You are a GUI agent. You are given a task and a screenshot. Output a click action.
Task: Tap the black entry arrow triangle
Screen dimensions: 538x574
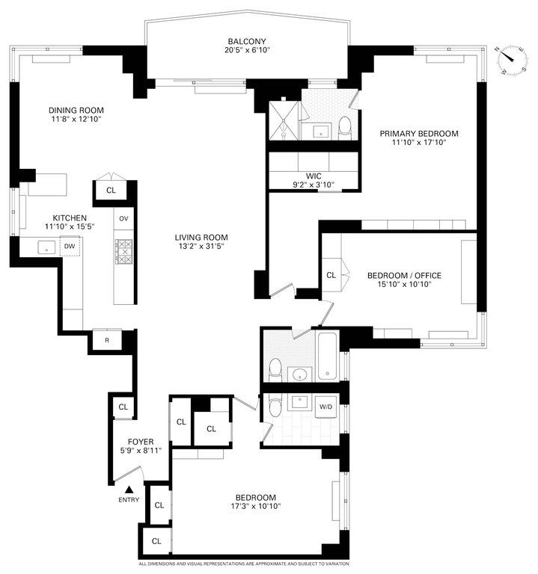tap(129, 490)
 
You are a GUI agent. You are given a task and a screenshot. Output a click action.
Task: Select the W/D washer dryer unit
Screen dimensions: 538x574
tap(325, 407)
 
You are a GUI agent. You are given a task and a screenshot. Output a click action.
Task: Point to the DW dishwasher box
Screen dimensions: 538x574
tap(70, 246)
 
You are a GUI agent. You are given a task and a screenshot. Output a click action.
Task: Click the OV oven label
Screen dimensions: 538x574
tap(123, 218)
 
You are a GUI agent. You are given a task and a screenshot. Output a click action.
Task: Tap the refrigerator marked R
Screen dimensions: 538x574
tap(107, 340)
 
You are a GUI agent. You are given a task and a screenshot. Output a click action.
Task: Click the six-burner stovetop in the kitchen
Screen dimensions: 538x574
tap(124, 251)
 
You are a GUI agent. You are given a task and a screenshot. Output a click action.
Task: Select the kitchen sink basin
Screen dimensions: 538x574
tap(46, 247)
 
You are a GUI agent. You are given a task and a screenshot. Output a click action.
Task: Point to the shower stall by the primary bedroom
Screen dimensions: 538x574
tap(284, 120)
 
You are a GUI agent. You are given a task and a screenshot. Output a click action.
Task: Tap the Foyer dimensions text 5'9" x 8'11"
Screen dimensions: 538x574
tap(141, 451)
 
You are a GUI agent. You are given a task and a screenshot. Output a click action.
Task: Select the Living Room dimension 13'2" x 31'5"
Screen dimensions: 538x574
tap(201, 247)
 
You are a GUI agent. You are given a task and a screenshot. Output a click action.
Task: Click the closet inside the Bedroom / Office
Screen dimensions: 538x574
tap(331, 275)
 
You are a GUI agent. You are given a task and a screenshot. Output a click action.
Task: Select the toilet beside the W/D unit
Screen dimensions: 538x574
tap(275, 406)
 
